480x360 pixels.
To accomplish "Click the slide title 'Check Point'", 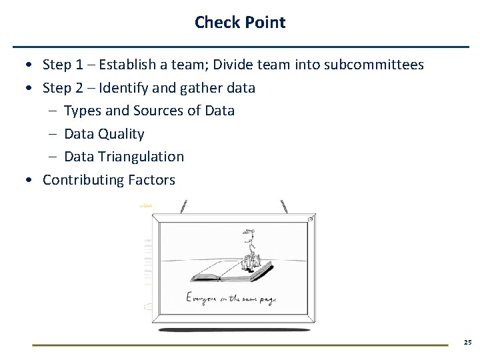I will (x=240, y=22).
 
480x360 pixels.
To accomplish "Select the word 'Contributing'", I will (x=81, y=180).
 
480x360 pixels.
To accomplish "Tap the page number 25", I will (x=467, y=342).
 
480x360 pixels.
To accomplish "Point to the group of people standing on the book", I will (x=253, y=260).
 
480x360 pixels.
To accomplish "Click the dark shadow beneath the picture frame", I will (x=233, y=329).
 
